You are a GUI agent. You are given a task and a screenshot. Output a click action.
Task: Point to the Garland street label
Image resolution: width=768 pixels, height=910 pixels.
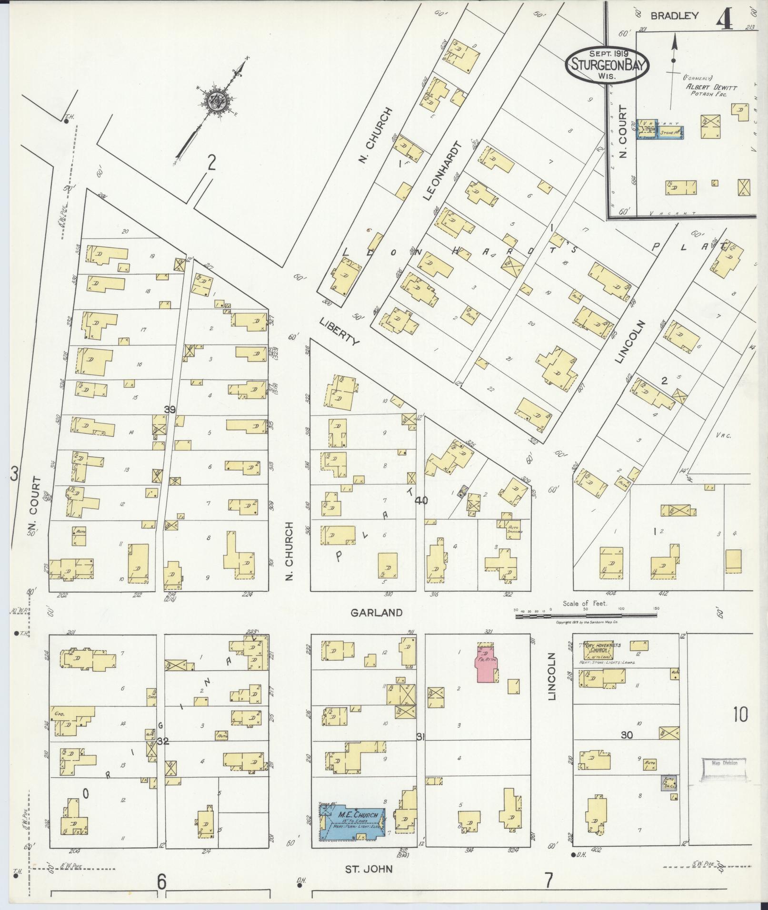point(376,613)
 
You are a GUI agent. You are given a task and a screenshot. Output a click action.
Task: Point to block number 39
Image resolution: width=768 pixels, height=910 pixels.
point(170,410)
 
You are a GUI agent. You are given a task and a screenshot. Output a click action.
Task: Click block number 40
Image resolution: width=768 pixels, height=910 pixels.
point(421,500)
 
